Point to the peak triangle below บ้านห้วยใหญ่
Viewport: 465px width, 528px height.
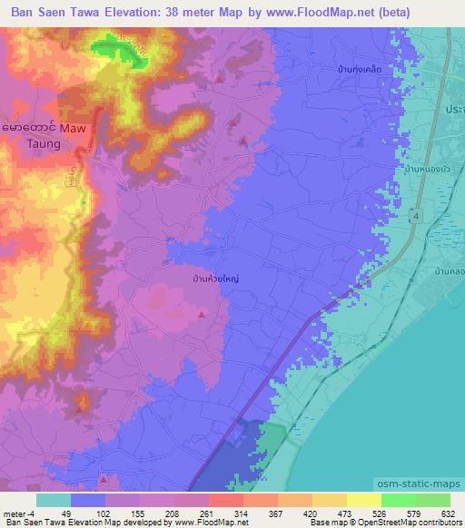click(x=202, y=314)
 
